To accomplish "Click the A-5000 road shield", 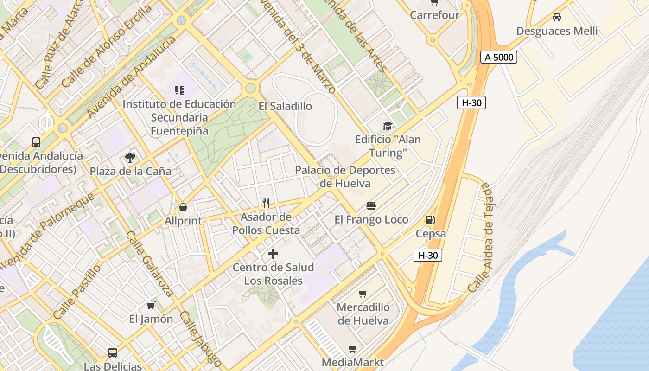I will [498, 57].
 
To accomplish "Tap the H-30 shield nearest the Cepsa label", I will [427, 255].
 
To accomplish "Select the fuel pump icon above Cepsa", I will [431, 220].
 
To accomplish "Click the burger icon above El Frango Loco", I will [371, 205].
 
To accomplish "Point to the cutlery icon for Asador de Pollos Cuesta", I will [266, 203].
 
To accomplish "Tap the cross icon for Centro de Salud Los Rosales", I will [273, 254].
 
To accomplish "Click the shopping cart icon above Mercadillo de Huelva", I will [363, 294].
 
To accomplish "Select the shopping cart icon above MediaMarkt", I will [353, 349].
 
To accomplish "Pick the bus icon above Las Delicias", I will [113, 352].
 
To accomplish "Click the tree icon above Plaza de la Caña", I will [130, 157].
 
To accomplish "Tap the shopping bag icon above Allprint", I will [183, 207].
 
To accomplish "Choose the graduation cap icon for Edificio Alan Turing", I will [388, 126].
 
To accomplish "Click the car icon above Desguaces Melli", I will [557, 17].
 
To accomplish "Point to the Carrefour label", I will [434, 15].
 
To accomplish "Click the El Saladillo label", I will [285, 106].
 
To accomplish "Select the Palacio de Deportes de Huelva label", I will [345, 177].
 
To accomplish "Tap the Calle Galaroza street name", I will [150, 263].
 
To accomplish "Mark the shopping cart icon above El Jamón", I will [151, 305].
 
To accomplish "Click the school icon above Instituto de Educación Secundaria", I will [179, 90].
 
